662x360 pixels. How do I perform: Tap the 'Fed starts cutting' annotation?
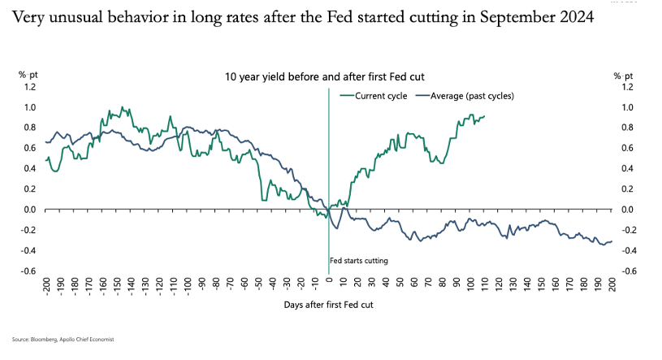(358, 261)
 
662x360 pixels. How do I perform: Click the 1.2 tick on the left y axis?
(29, 87)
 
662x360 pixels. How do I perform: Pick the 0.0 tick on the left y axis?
(29, 210)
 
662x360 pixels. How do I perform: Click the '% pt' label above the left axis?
(28, 75)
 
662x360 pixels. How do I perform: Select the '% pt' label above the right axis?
(624, 75)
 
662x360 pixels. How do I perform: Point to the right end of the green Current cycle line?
(484, 116)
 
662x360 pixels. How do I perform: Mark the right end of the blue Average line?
(612, 241)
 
